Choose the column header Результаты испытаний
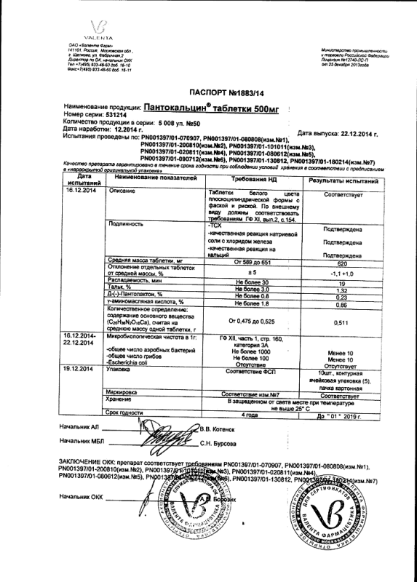tap(343, 180)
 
